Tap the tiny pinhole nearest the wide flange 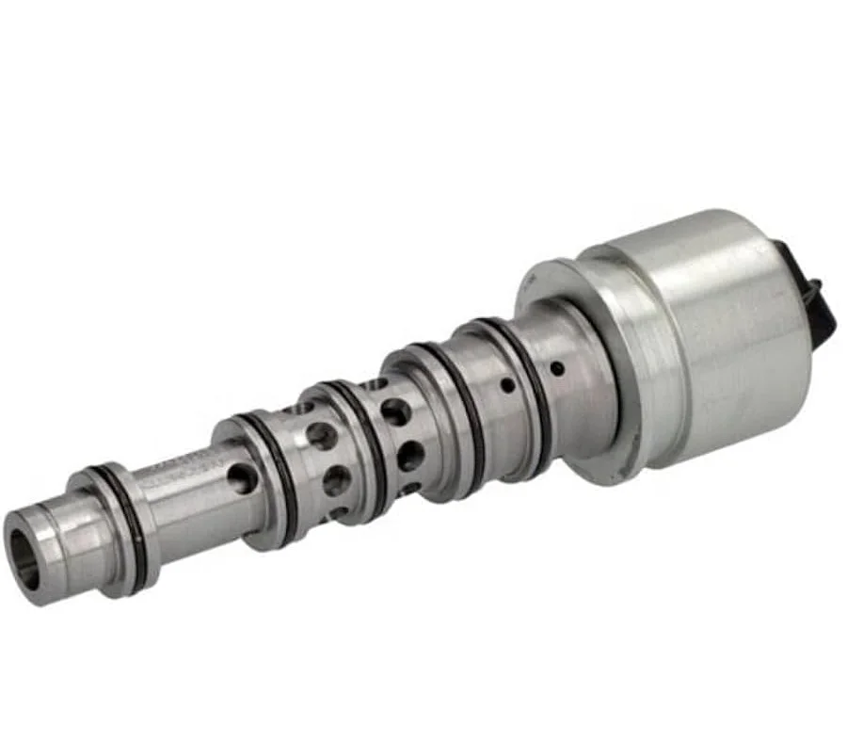(557, 367)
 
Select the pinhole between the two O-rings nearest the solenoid (507, 384)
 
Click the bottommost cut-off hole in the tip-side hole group (339, 514)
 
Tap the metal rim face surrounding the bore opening (38, 574)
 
